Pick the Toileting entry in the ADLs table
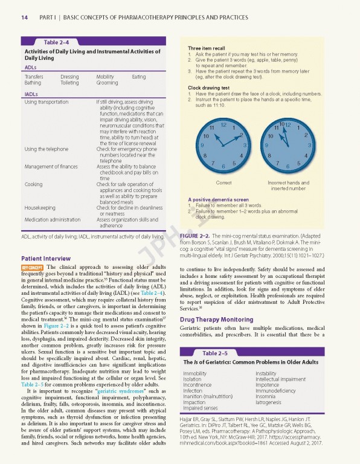(69, 83)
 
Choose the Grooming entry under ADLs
(107, 83)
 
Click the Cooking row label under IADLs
(33, 184)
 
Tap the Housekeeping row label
(40, 207)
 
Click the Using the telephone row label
(46, 149)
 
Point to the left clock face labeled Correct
(223, 145)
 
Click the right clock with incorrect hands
(288, 145)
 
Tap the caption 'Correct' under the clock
(223, 182)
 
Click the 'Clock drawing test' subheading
(208, 88)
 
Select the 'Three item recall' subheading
(207, 48)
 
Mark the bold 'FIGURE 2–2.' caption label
(194, 234)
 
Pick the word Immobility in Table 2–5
(194, 373)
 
